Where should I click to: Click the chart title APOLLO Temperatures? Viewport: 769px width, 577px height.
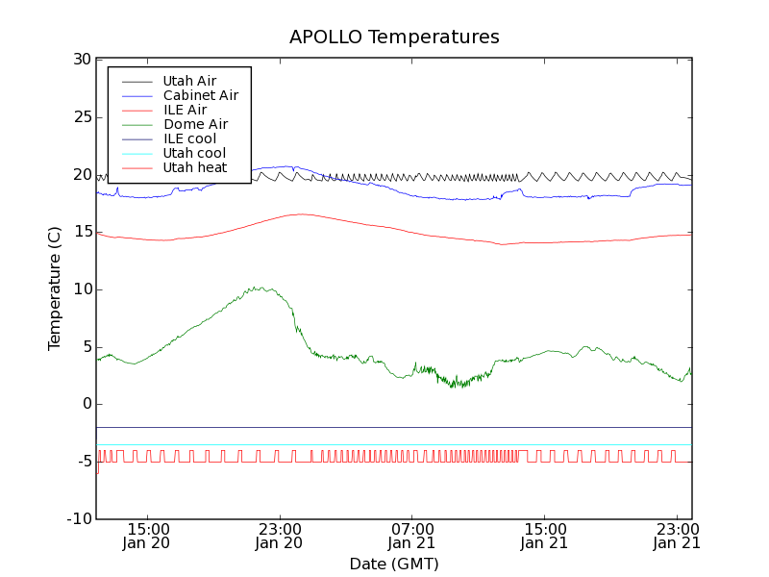pos(394,38)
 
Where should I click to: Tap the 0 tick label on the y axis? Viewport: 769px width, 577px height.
pos(86,404)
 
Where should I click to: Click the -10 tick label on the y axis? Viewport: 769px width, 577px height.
pos(78,519)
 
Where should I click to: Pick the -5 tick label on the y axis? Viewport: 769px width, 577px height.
pos(82,462)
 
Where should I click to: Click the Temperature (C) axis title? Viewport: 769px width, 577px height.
pos(55,288)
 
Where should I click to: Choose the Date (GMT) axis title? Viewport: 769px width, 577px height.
pos(394,564)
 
